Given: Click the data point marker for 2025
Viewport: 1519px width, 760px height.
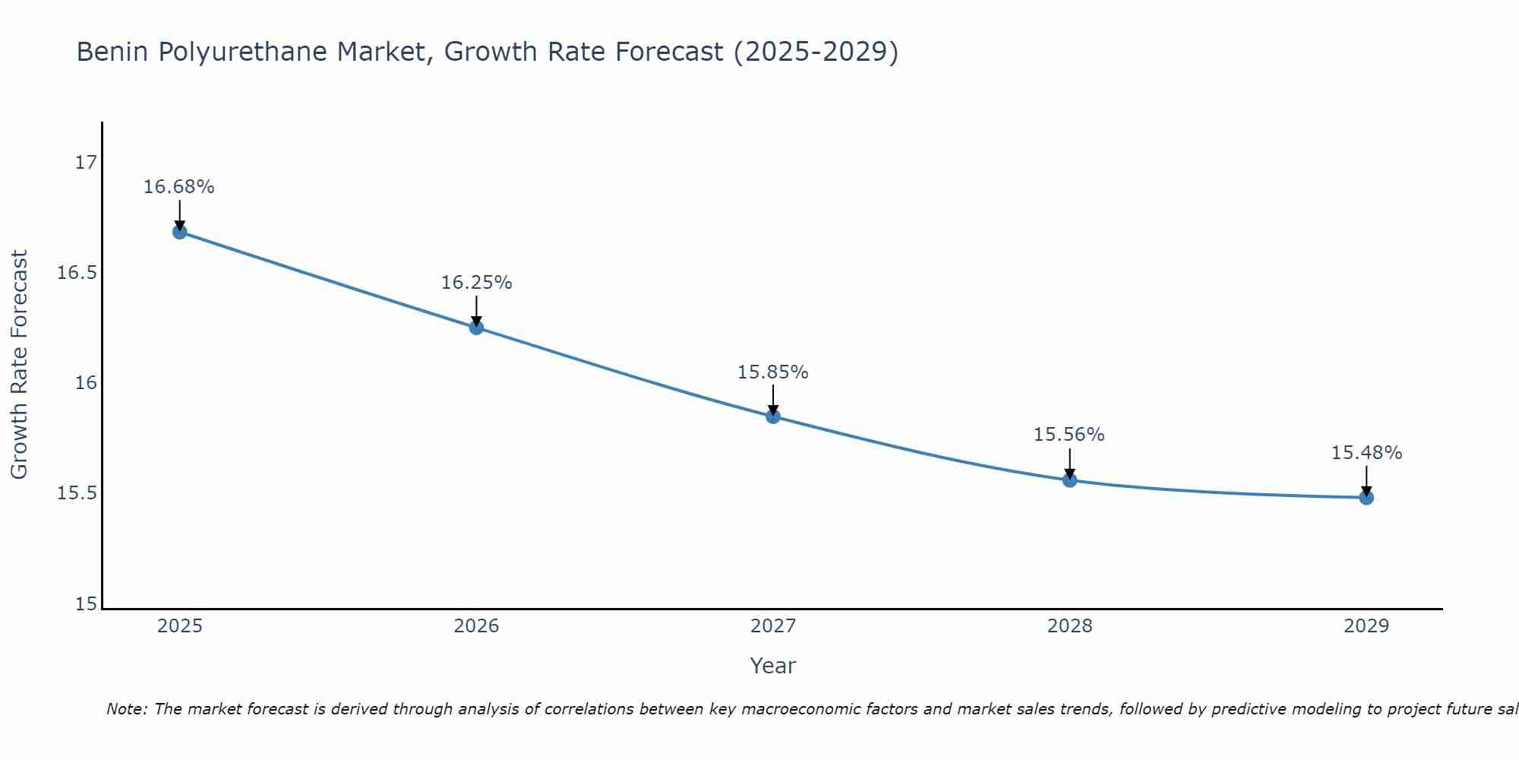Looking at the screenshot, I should (x=180, y=232).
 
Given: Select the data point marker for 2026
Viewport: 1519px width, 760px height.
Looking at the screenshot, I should (x=476, y=328).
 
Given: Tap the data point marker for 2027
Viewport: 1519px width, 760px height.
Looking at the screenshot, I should (x=773, y=416).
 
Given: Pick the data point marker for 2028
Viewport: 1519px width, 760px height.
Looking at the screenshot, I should (x=1069, y=480).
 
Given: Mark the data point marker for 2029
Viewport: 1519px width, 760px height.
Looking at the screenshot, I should (x=1366, y=498).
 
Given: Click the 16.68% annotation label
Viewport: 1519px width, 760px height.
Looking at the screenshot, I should (x=179, y=187).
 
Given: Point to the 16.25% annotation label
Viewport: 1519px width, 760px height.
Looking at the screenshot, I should (x=476, y=283).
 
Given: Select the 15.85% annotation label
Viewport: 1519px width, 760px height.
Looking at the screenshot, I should (x=773, y=372).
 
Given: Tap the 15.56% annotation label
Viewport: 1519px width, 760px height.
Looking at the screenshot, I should (x=1069, y=435).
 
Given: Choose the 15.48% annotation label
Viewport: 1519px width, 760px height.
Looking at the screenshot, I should (x=1366, y=453).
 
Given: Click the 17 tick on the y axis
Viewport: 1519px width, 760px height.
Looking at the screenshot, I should (x=87, y=163).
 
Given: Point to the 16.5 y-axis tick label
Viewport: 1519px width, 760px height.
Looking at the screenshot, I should (x=77, y=273).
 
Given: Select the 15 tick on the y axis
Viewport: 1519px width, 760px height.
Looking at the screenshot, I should (x=87, y=604).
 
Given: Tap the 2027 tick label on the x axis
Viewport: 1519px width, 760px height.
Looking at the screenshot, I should (x=773, y=626).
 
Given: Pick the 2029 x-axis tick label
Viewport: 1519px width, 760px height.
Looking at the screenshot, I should (x=1366, y=626).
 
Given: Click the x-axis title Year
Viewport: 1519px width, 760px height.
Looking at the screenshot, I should (x=773, y=666).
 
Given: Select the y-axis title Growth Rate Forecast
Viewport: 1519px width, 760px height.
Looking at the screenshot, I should (x=20, y=365).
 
